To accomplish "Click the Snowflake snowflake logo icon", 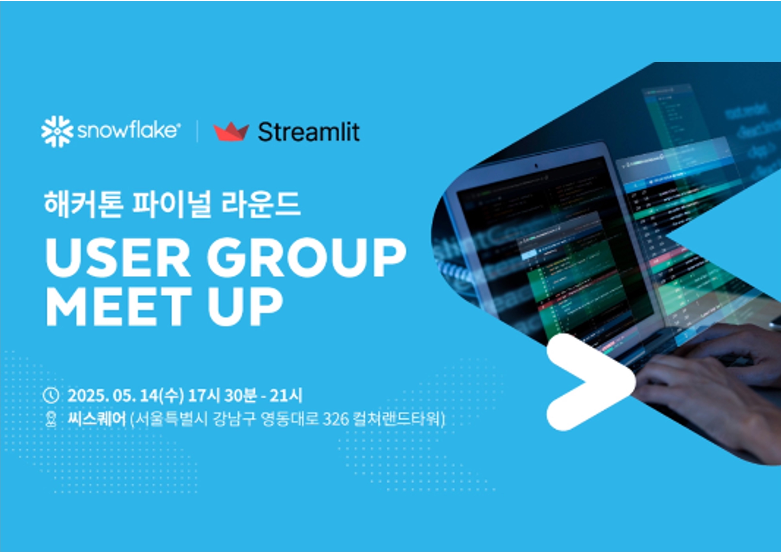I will (57, 132).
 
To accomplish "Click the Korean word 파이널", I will (170, 204).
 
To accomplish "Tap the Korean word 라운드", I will (261, 204).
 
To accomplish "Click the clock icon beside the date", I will (51, 395).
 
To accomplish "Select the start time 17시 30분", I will (222, 395).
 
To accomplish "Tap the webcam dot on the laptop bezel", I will (536, 166).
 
